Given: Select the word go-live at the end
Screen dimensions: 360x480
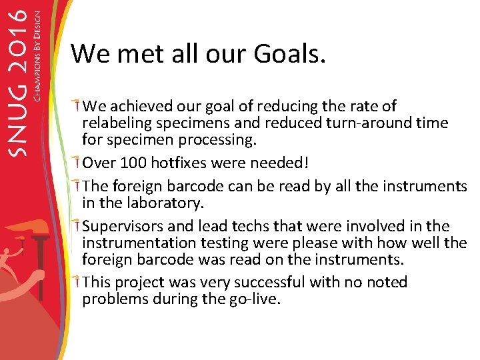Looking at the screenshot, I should pyautogui.click(x=255, y=299).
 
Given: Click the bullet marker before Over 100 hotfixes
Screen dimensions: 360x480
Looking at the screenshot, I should pyautogui.click(x=77, y=162).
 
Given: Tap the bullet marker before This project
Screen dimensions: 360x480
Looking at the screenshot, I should pyautogui.click(x=77, y=281).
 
